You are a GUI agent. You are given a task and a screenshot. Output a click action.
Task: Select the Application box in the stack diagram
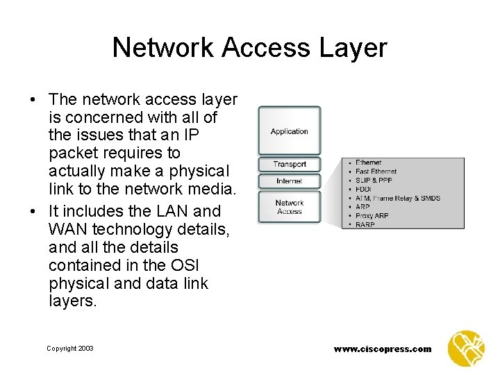pyautogui.click(x=290, y=131)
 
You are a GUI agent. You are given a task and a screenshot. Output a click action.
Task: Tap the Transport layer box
pyautogui.click(x=290, y=165)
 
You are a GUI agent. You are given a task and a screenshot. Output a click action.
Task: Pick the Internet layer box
pyautogui.click(x=290, y=181)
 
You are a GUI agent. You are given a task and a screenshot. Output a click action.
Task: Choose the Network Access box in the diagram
pyautogui.click(x=290, y=207)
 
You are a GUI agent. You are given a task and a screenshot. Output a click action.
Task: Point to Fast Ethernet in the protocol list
pyautogui.click(x=376, y=172)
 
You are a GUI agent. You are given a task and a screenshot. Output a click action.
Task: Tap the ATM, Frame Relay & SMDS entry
pyautogui.click(x=397, y=198)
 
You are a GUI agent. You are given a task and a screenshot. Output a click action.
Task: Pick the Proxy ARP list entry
pyautogui.click(x=372, y=216)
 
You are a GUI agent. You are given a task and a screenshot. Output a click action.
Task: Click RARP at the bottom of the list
pyautogui.click(x=365, y=225)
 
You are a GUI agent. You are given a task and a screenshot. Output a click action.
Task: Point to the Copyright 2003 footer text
pyautogui.click(x=70, y=349)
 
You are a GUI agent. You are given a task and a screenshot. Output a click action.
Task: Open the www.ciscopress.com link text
pyautogui.click(x=383, y=349)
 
